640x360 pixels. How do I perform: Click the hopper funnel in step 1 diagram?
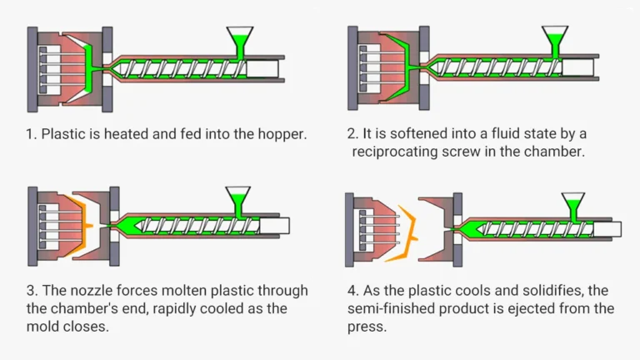click(x=241, y=37)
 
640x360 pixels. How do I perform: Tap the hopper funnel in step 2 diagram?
click(x=554, y=37)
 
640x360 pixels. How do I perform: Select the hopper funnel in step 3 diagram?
click(x=241, y=197)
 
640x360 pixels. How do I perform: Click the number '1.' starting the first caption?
click(x=31, y=133)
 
